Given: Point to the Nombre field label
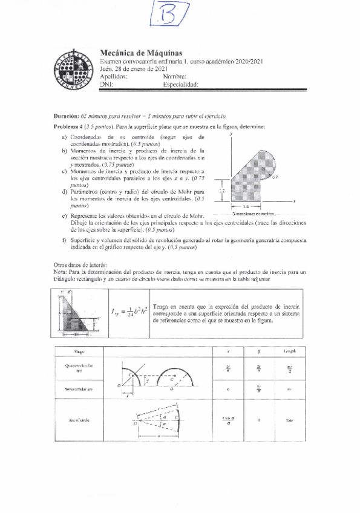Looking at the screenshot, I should tap(175, 77).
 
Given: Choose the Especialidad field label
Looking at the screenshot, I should tap(181, 85).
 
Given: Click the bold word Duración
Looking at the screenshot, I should tap(67, 115).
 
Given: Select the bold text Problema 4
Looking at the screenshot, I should tap(70, 126).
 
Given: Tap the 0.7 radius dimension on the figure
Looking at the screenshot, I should tap(275, 179).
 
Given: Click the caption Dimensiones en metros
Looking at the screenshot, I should tap(254, 214).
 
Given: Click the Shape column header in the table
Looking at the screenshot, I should tap(79, 351).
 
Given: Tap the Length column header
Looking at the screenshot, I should tap(288, 351).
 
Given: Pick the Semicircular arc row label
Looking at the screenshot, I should tap(79, 390).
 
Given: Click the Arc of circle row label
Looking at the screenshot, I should tap(79, 419).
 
